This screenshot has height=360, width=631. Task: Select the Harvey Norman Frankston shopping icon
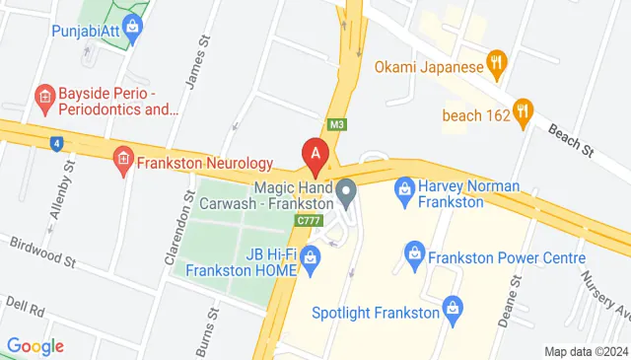tap(403, 187)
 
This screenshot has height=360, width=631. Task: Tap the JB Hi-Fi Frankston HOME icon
tap(311, 260)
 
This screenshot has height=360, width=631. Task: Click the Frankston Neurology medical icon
tap(123, 161)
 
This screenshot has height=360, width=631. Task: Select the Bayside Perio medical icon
tap(42, 97)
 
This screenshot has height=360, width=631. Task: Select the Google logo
tap(35, 346)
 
